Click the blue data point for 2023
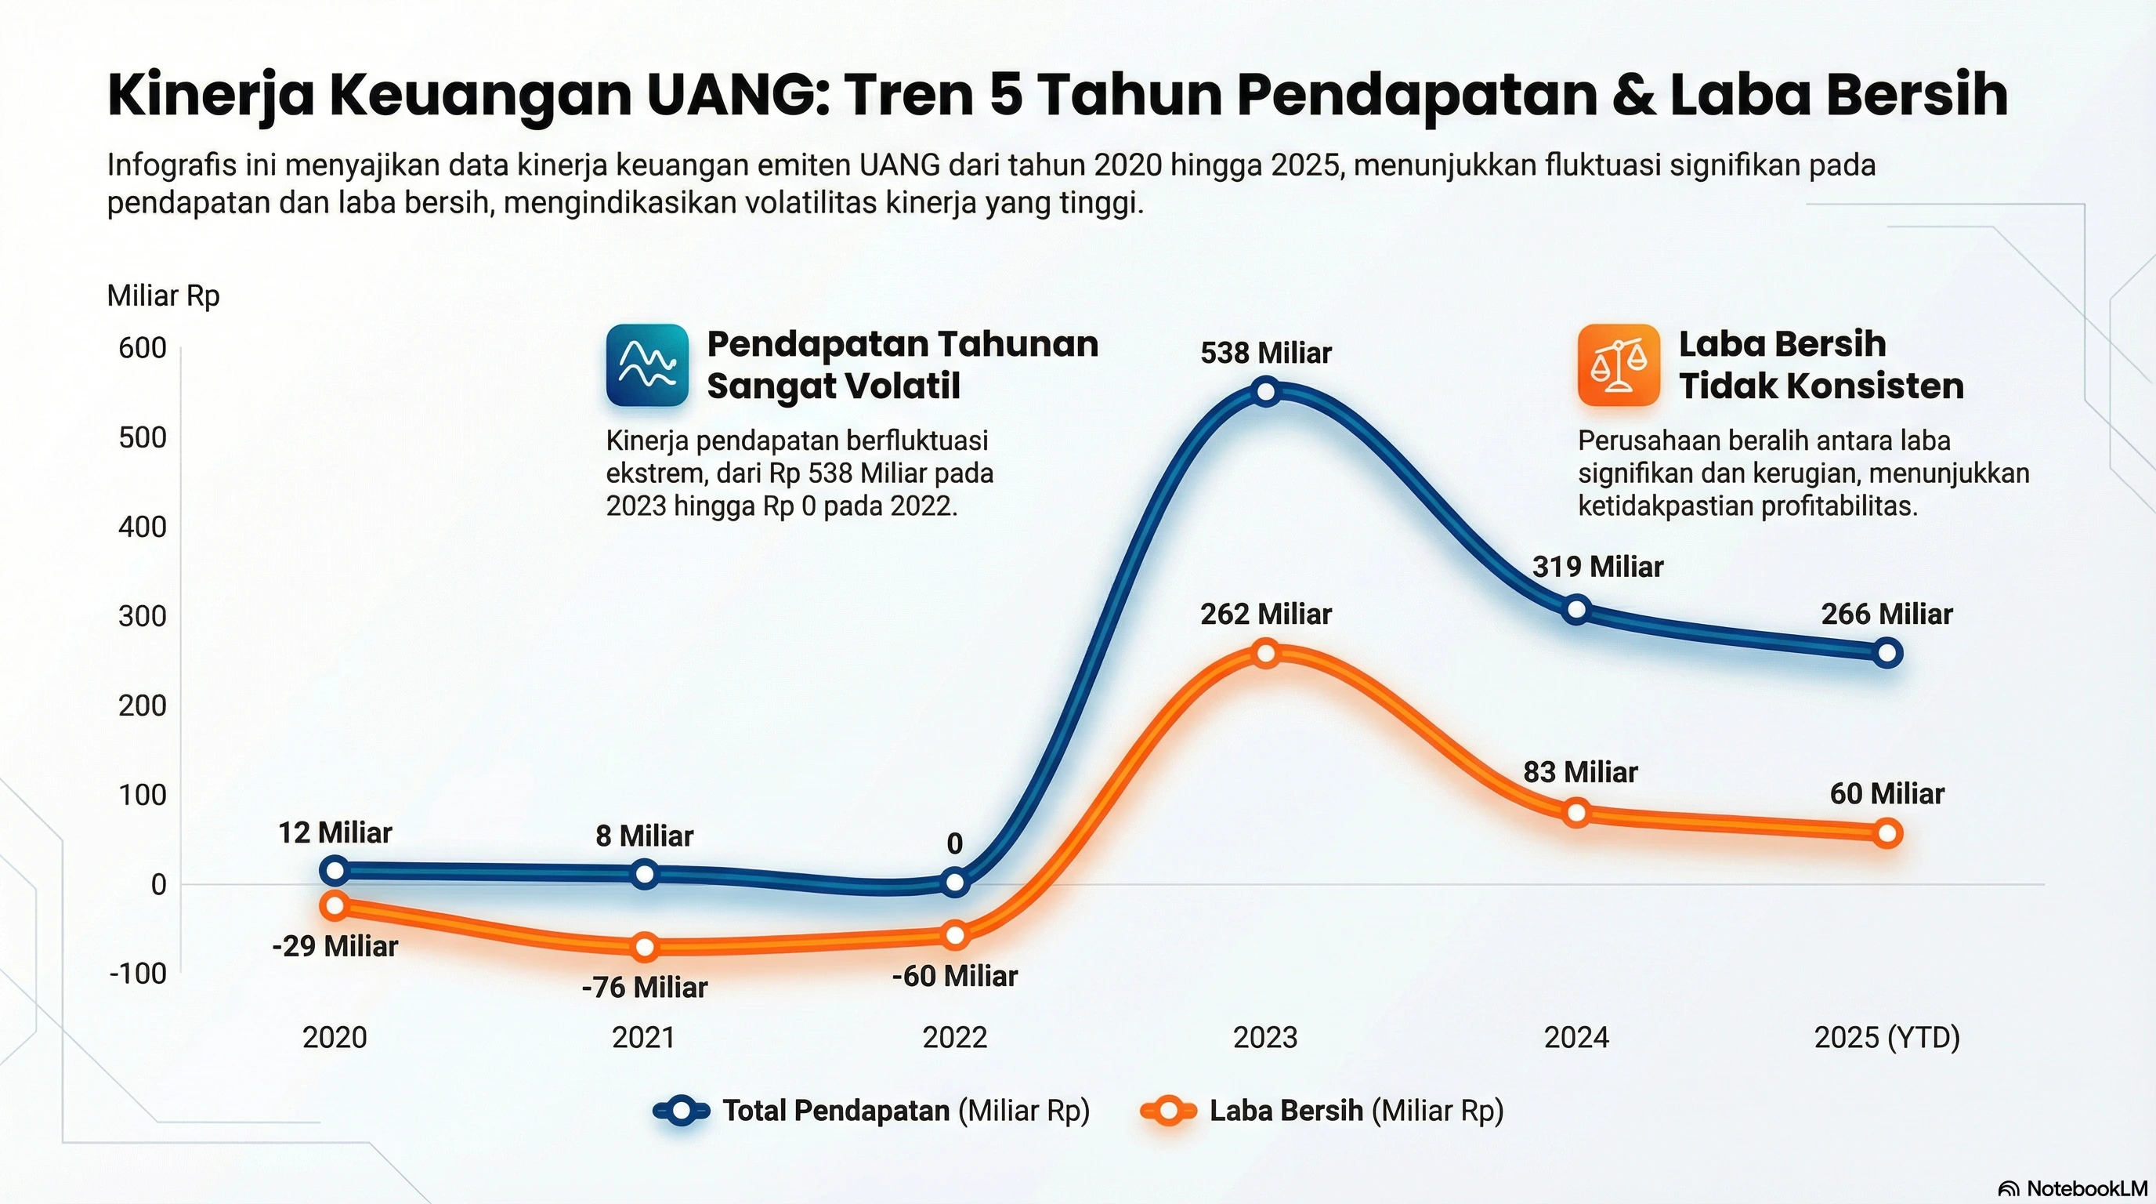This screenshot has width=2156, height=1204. tap(1266, 392)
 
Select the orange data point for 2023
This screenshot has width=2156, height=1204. tap(1266, 653)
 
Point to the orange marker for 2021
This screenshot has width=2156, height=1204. tap(645, 947)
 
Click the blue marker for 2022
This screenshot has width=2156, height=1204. tap(955, 882)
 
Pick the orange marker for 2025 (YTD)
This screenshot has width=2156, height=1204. tap(1887, 833)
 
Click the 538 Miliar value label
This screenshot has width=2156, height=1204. tap(1265, 354)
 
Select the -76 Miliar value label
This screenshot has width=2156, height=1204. tap(645, 988)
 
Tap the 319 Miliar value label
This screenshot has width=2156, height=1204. tap(1597, 567)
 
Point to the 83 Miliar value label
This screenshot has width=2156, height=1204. tap(1580, 772)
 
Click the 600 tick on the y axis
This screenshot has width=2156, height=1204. tap(143, 348)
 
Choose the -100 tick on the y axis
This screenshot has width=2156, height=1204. tap(138, 974)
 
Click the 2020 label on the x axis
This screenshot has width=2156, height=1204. tap(335, 1037)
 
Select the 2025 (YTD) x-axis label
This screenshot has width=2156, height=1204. tap(1886, 1037)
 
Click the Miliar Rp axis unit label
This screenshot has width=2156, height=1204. tap(163, 296)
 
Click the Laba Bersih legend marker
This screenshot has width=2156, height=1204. tap(1167, 1111)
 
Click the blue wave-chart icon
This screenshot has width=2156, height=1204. tap(647, 365)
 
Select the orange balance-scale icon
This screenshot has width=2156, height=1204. tap(1619, 365)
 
